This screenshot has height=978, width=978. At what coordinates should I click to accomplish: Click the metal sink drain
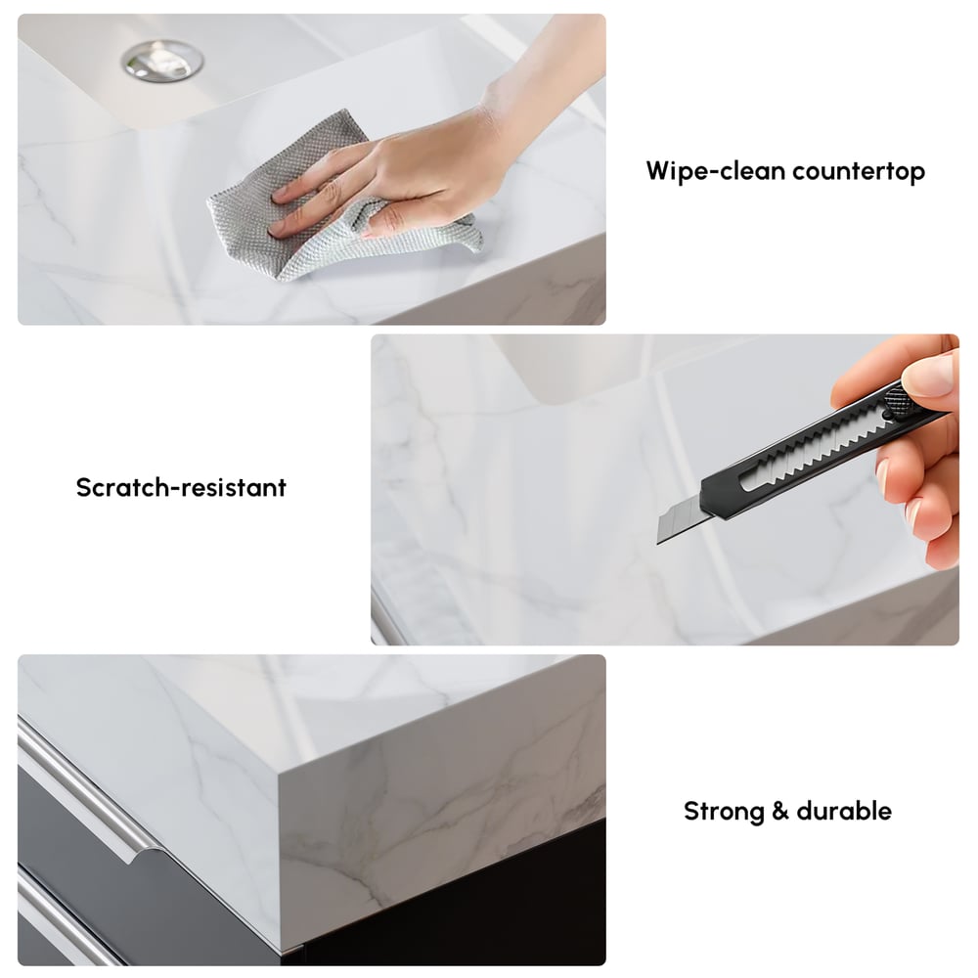coord(162,61)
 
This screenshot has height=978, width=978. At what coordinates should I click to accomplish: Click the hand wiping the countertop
coord(430,144)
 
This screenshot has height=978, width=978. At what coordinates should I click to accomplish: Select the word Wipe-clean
coord(715,171)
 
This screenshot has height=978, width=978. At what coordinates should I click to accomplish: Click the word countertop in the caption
coord(859,171)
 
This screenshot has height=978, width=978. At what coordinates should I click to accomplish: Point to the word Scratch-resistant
coord(181,487)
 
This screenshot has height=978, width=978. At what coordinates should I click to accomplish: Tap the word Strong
coord(724,812)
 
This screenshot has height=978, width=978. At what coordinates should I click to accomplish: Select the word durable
coord(844,811)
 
